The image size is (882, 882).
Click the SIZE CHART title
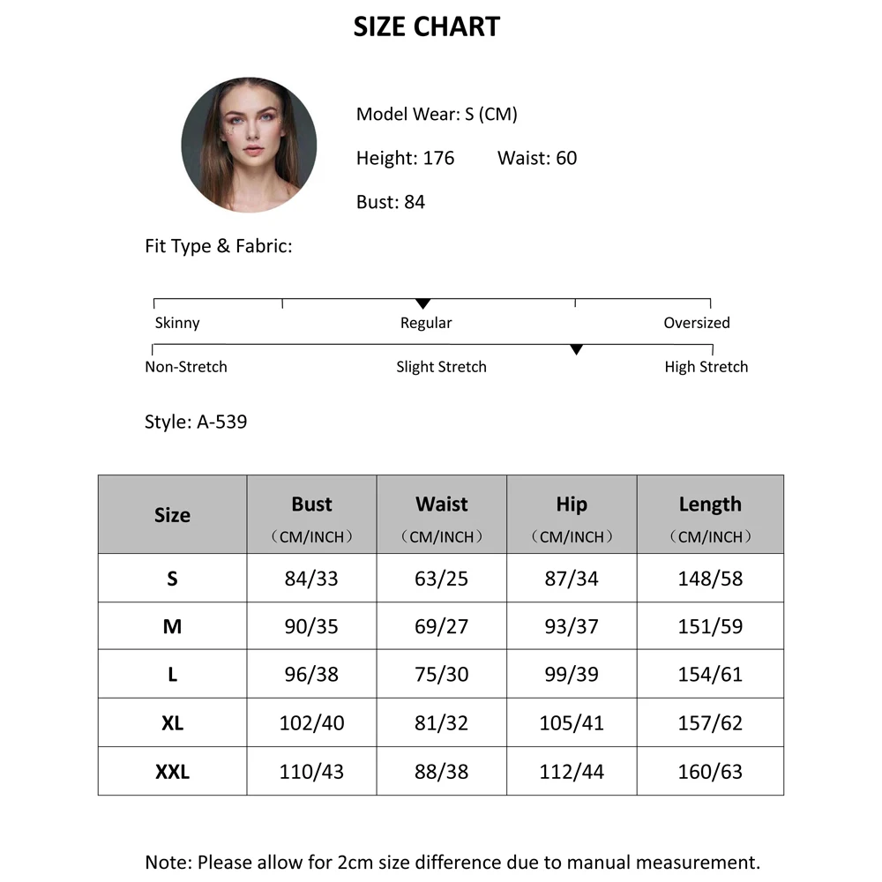(426, 27)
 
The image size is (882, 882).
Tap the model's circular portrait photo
(249, 145)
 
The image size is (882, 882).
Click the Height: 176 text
(405, 159)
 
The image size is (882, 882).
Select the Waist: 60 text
(536, 159)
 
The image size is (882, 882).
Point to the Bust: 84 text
(390, 203)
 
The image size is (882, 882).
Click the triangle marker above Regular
(422, 304)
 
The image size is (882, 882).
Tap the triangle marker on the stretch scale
(576, 350)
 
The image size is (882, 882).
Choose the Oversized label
(696, 323)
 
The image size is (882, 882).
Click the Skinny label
(177, 323)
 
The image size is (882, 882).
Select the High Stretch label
(706, 367)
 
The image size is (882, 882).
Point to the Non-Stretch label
(186, 367)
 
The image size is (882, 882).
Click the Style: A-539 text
(196, 422)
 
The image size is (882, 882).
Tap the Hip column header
(572, 505)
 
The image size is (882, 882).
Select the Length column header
(710, 505)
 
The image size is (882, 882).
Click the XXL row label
(172, 772)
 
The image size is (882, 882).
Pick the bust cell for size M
(311, 626)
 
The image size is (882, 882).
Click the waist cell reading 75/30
(441, 675)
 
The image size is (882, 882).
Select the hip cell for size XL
(572, 723)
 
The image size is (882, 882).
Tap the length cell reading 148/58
(710, 579)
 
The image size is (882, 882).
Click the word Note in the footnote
(168, 863)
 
